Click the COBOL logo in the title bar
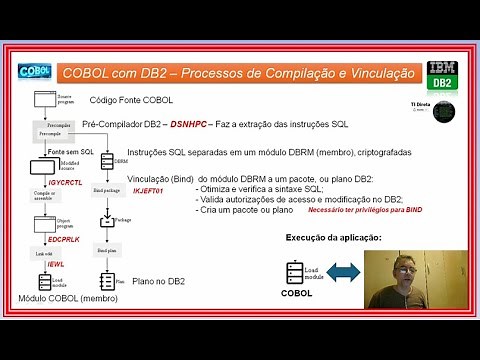35,72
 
